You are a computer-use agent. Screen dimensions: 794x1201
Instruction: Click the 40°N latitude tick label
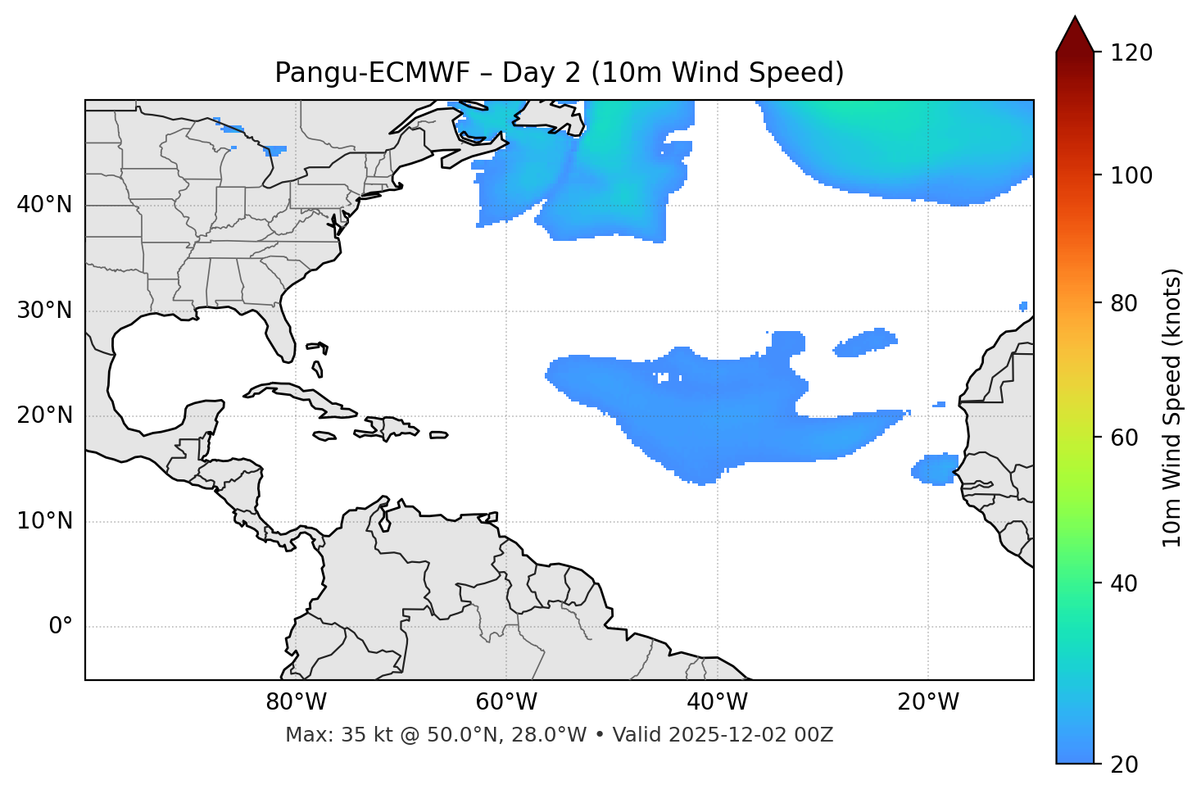click(44, 205)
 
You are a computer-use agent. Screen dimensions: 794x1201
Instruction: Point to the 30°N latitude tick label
click(44, 311)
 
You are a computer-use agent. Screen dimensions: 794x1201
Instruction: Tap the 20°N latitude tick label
click(44, 415)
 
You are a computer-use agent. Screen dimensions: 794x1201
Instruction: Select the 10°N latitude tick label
click(44, 521)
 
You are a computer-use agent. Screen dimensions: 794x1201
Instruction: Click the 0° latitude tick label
click(61, 627)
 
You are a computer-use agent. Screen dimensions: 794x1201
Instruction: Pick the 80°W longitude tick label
click(296, 702)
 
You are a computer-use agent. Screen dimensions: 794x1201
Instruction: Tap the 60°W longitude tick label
click(506, 702)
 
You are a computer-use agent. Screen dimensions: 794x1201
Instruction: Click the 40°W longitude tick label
click(717, 702)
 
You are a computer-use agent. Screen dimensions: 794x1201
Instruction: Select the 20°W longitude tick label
click(928, 702)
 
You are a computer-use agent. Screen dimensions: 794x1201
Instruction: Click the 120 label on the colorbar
click(1131, 52)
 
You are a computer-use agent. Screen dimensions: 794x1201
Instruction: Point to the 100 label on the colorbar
click(1131, 175)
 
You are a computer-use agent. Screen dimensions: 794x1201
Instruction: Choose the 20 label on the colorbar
click(1125, 765)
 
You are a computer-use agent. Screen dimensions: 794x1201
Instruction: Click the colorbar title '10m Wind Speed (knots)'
click(1172, 407)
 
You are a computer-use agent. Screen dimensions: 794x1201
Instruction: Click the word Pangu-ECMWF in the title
click(372, 73)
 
